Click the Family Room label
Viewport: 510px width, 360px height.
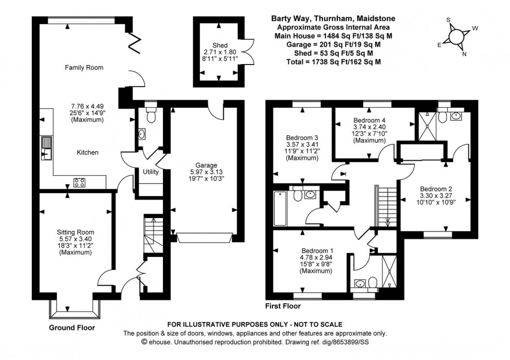(84, 67)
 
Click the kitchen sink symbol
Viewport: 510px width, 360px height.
(47, 147)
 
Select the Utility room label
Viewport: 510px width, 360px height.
(151, 171)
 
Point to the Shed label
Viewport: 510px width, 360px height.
(219, 45)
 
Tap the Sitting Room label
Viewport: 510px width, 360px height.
(75, 232)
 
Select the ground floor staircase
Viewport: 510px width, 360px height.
(152, 235)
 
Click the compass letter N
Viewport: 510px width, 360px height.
(464, 54)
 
